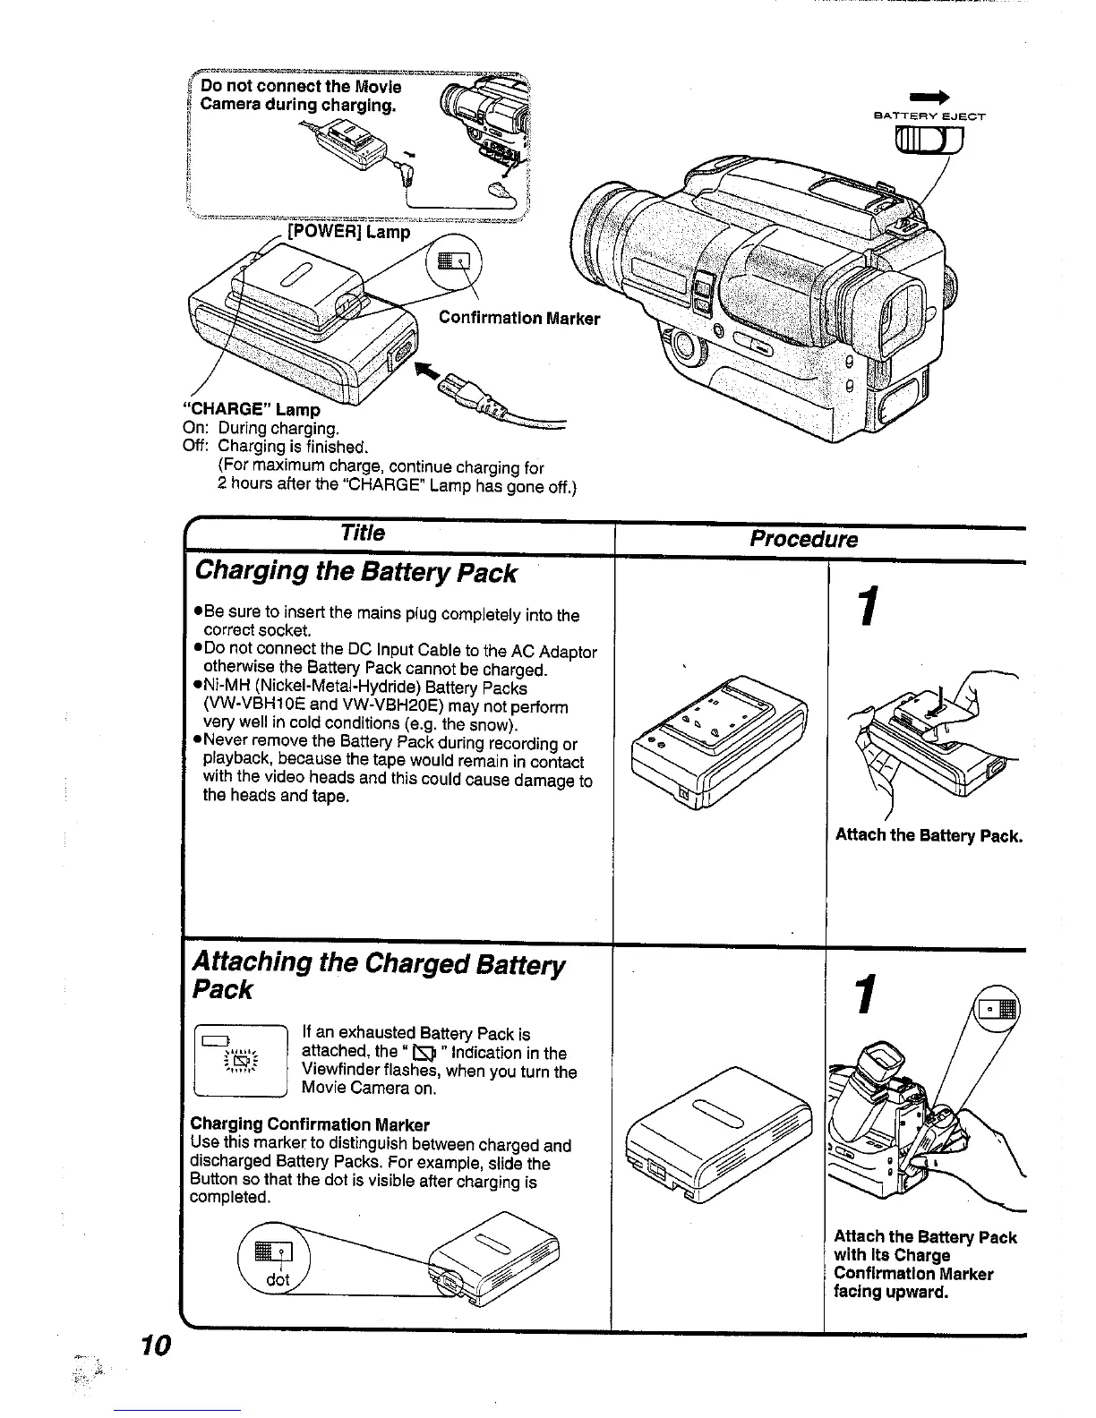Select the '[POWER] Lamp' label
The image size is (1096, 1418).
348,232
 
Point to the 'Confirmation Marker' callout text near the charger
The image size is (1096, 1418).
519,319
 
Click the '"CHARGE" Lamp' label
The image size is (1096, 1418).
253,409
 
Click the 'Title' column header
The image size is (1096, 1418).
363,534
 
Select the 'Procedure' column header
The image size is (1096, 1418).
803,539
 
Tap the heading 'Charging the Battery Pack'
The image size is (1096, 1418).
355,572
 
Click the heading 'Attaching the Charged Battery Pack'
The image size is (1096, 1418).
379,976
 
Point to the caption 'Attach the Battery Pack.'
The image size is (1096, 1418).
928,835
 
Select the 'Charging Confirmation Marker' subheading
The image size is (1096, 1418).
310,1124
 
